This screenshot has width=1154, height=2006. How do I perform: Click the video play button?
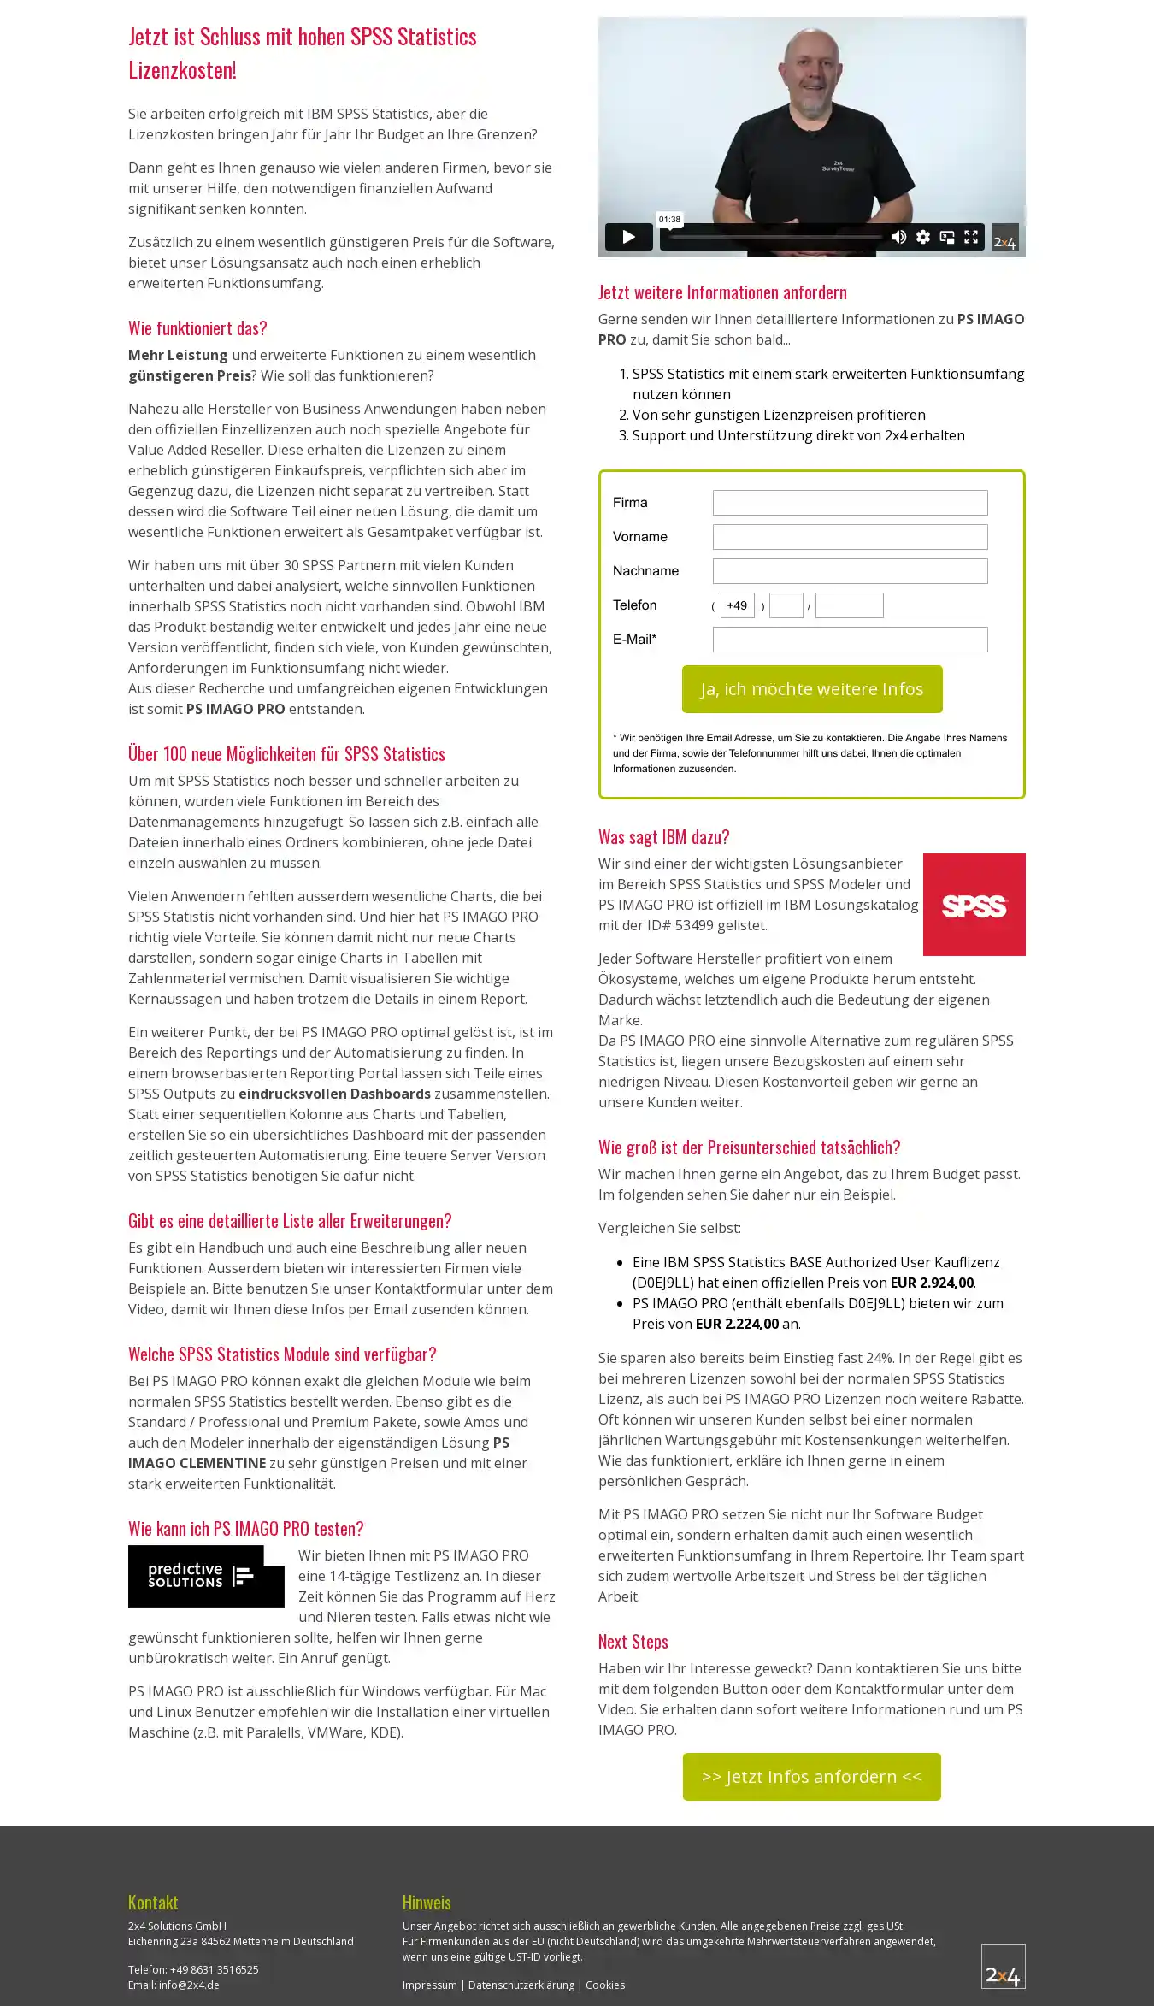click(x=628, y=237)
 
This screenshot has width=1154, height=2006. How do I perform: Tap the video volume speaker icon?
click(x=898, y=237)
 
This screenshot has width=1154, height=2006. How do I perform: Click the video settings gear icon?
click(x=923, y=237)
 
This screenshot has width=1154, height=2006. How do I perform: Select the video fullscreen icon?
click(x=971, y=237)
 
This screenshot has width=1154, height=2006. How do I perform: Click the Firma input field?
click(x=850, y=503)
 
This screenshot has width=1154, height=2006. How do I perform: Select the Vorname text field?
click(x=850, y=537)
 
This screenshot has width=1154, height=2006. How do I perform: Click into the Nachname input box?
click(x=850, y=571)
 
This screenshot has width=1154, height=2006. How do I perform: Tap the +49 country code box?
click(x=737, y=605)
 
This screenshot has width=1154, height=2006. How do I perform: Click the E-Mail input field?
click(x=850, y=640)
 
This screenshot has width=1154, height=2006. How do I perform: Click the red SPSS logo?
click(x=974, y=905)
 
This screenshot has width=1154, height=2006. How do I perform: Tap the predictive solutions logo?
click(x=206, y=1576)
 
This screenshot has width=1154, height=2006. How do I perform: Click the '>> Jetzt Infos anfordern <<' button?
click(x=811, y=1777)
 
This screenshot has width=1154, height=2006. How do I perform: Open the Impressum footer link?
click(x=429, y=1985)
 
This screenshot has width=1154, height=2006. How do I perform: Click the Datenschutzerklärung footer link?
click(x=521, y=1985)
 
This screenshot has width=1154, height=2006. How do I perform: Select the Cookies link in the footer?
click(x=605, y=1985)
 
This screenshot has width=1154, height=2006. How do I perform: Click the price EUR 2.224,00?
click(x=737, y=1324)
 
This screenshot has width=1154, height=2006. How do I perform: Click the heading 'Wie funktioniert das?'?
click(x=197, y=328)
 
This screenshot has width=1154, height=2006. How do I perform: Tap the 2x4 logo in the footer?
click(x=1003, y=1967)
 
